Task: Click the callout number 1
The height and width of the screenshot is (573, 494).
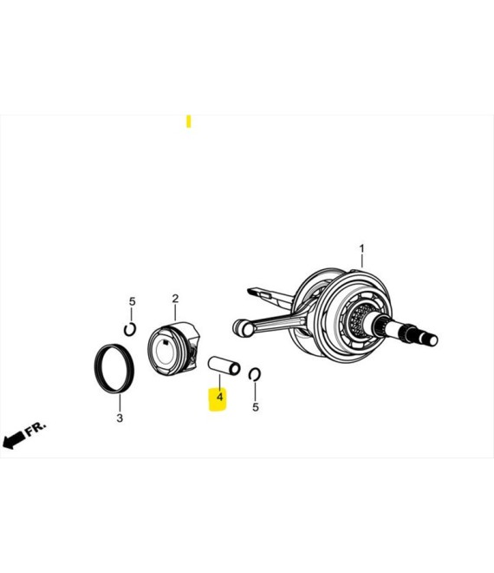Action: tap(361, 249)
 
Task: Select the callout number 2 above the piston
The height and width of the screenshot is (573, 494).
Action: tap(175, 299)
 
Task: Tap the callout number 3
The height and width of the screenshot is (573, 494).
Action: tap(120, 418)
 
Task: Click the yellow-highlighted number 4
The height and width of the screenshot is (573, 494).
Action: tap(219, 397)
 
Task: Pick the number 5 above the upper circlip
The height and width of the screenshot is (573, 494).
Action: tap(132, 302)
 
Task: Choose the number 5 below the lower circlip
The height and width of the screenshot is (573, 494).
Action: tap(256, 407)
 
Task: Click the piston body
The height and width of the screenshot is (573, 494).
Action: tap(173, 348)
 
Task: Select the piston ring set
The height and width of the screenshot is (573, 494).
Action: tap(114, 369)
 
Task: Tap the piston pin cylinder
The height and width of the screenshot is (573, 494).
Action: tap(224, 366)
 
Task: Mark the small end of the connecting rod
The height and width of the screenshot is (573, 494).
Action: tap(242, 326)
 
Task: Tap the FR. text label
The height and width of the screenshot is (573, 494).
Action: tap(36, 429)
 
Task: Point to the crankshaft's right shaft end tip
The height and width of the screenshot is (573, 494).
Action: tap(432, 340)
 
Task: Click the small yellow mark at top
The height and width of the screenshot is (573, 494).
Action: tap(189, 122)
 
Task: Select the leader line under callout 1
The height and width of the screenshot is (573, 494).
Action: tap(362, 261)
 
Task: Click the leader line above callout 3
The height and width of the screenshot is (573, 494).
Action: tap(120, 403)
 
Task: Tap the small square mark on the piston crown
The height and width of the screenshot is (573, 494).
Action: tap(166, 343)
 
